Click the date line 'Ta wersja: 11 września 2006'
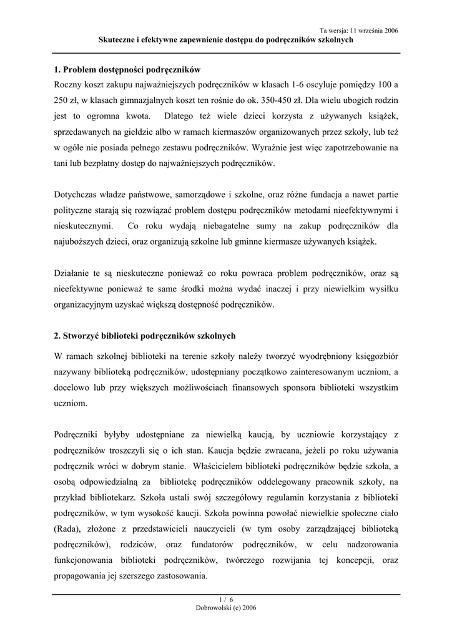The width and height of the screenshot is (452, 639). [x=358, y=30]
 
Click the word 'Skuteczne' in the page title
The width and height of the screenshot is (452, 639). [x=119, y=39]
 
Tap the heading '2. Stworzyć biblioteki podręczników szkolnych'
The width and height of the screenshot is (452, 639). [x=145, y=336]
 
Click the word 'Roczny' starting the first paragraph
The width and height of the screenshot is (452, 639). [x=69, y=84]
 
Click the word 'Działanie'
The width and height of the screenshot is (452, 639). [x=73, y=273]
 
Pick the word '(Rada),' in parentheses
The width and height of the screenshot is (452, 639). [x=69, y=529]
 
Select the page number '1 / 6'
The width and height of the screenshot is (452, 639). [x=226, y=600]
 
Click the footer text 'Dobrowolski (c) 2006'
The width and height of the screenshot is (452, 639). [x=226, y=607]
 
